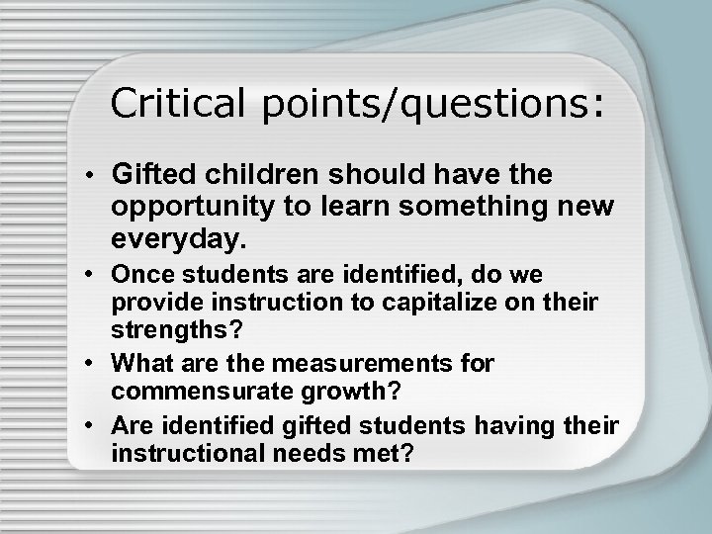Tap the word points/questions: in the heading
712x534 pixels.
click(432, 104)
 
